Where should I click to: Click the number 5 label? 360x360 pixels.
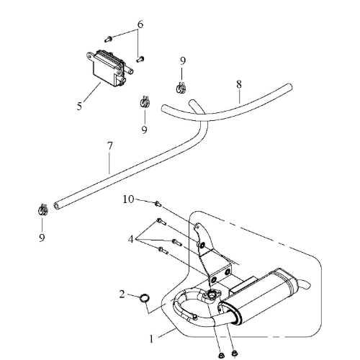tap(79, 106)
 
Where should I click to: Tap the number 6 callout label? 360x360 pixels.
tap(140, 24)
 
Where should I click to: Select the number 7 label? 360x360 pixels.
tap(109, 146)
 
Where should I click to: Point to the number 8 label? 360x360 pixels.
tap(239, 84)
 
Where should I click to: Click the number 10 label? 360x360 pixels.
tap(128, 199)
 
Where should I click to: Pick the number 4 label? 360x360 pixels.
tap(130, 239)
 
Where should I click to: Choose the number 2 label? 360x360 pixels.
tap(122, 294)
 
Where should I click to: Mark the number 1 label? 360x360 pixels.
tap(151, 339)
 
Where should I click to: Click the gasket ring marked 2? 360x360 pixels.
tap(144, 298)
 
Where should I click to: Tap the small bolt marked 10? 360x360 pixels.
tap(158, 204)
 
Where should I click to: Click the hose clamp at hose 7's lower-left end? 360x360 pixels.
tap(43, 210)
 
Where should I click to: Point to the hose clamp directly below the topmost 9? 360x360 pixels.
tap(181, 88)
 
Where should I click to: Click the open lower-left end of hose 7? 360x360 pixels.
tap(57, 206)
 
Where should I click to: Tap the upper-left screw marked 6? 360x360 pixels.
tap(108, 39)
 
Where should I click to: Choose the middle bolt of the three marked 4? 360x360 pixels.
tap(177, 242)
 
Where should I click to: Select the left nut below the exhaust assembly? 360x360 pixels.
tap(220, 355)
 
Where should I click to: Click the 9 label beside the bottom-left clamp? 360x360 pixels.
tap(42, 238)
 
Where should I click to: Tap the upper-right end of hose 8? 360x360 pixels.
tap(289, 86)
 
